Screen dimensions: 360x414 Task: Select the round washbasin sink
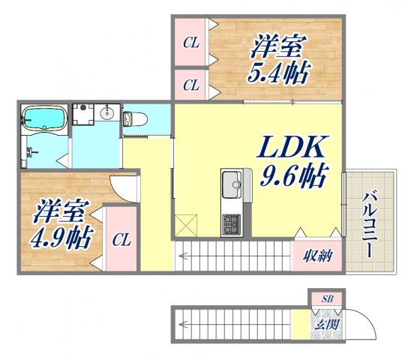(106, 115)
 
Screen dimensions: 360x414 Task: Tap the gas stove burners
(230, 222)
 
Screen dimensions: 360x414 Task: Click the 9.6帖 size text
(292, 177)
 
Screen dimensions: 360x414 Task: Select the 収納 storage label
(318, 256)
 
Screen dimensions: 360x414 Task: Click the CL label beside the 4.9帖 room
(121, 241)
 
